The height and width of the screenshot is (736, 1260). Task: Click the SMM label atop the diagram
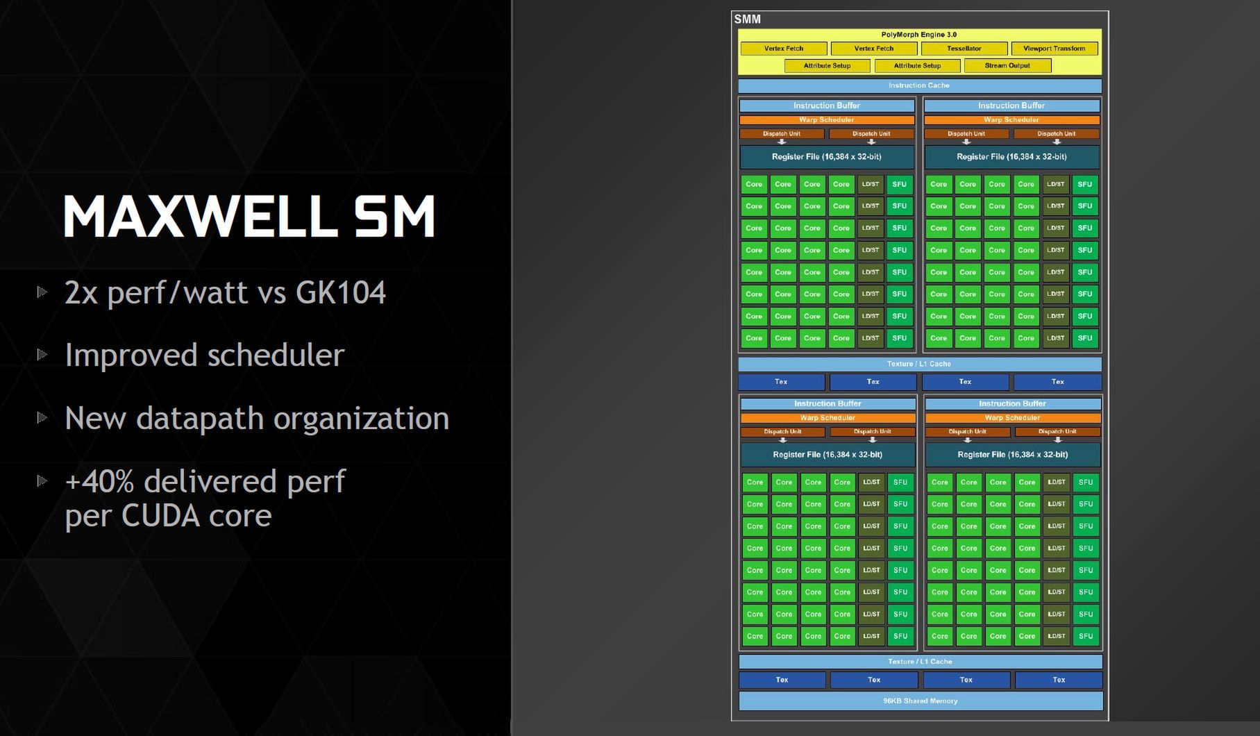[748, 19]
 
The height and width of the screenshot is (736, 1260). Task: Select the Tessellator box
[964, 49]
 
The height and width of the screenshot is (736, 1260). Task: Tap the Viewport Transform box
[1055, 49]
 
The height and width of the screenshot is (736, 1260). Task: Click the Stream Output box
[1007, 66]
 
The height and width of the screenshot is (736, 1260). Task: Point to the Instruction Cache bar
[919, 85]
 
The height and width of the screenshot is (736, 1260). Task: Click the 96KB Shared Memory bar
[921, 701]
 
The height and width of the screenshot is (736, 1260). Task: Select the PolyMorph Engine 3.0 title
[919, 35]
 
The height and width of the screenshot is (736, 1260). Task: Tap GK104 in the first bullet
[341, 292]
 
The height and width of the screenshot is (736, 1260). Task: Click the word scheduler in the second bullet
[276, 355]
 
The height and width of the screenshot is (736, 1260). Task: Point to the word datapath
[200, 419]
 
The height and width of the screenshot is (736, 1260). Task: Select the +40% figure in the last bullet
[99, 481]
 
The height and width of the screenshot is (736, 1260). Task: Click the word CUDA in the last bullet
[161, 515]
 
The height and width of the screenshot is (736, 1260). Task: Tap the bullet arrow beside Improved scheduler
[42, 354]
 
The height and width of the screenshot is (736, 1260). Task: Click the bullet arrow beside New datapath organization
[42, 417]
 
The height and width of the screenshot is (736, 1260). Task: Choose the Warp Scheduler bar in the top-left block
[827, 120]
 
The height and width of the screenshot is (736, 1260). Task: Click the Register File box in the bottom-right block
[1013, 455]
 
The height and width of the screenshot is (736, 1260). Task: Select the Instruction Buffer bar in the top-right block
[1011, 106]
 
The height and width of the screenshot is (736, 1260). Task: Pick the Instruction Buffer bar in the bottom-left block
[828, 403]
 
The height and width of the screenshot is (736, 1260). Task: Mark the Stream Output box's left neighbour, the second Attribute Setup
[917, 66]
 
